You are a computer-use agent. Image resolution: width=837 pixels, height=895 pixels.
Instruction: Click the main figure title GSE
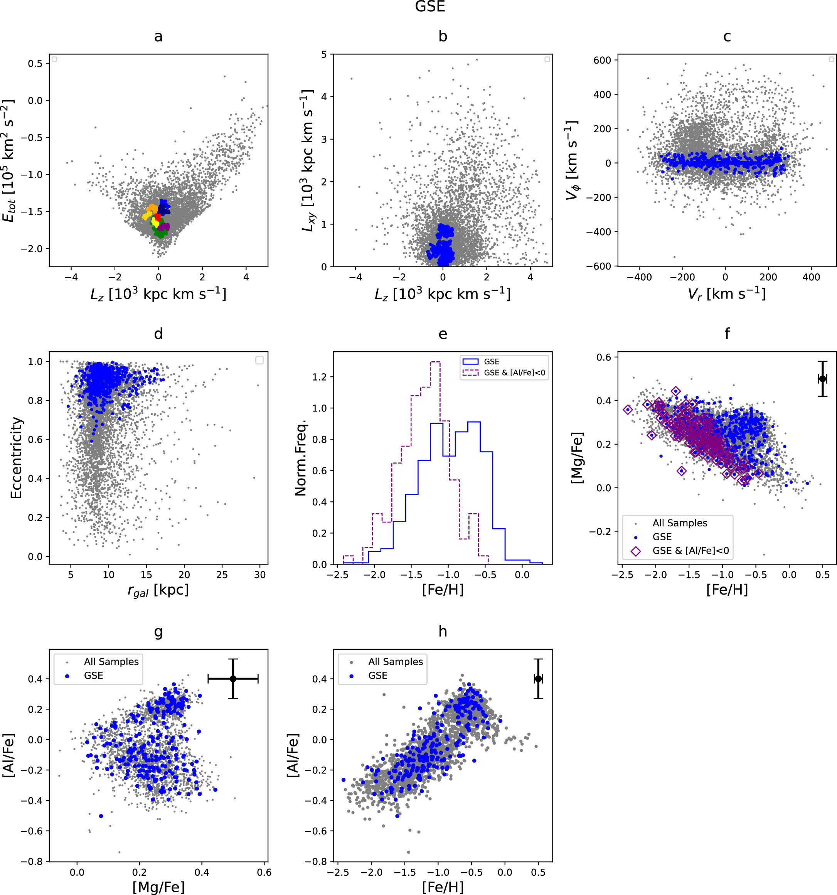(x=430, y=7)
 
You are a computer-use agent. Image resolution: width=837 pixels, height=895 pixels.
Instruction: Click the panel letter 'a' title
(x=158, y=37)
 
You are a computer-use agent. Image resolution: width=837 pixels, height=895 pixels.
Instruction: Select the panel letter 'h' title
(x=442, y=631)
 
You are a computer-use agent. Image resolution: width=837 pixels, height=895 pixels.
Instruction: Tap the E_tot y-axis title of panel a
(x=8, y=161)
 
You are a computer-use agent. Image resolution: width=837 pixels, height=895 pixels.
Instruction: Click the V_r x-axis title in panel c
(x=726, y=294)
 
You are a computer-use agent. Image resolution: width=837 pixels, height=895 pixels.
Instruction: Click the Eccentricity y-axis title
(x=16, y=457)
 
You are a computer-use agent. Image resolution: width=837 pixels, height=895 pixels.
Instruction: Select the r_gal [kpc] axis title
(x=158, y=591)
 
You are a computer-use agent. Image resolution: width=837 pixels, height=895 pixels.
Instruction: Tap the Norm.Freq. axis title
(x=300, y=457)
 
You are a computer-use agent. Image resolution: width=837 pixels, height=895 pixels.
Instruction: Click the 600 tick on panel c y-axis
(x=602, y=60)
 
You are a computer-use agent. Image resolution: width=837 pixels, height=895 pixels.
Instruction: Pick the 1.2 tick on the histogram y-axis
(x=320, y=377)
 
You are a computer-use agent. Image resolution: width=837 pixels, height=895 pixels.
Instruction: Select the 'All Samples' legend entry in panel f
(x=679, y=523)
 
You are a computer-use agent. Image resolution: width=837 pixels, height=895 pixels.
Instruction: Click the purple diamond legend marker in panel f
(x=635, y=551)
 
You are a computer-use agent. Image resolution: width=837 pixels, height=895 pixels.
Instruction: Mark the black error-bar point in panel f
(x=822, y=379)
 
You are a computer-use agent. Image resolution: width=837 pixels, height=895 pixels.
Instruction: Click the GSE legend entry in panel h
(x=377, y=675)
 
